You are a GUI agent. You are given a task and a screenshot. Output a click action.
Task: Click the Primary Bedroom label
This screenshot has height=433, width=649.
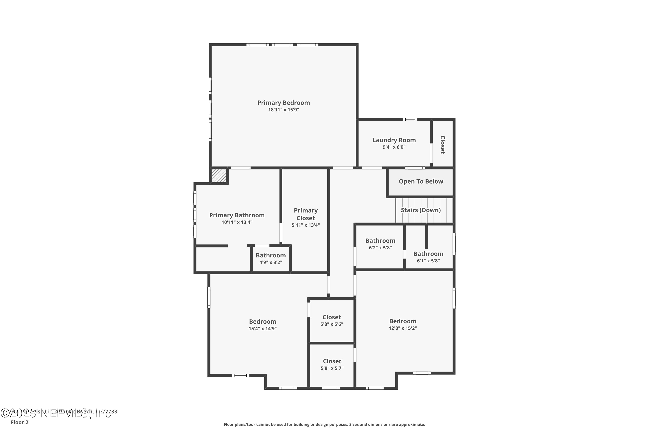point(283,103)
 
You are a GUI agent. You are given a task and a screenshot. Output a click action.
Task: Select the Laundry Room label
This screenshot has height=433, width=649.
point(394,140)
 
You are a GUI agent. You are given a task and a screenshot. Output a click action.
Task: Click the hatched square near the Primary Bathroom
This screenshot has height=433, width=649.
point(218,176)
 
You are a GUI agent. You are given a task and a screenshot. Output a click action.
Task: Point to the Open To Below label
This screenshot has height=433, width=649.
point(421,181)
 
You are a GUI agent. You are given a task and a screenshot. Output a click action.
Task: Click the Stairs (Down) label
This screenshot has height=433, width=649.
point(421,210)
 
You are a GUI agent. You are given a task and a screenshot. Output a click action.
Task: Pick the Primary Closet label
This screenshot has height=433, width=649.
point(305,214)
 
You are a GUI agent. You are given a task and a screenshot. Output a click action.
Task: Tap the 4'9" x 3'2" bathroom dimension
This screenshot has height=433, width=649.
point(270,262)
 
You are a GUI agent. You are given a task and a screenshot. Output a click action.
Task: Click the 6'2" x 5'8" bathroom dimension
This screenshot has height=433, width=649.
point(380,248)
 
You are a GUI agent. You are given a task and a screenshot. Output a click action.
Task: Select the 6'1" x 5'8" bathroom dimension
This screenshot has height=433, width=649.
point(428,261)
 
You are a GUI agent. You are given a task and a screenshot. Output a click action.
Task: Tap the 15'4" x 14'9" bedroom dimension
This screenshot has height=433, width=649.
point(262,329)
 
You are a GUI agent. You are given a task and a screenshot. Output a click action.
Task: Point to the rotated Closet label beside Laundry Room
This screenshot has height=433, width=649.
point(442,145)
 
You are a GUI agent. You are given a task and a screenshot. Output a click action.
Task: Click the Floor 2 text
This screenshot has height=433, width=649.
point(20,422)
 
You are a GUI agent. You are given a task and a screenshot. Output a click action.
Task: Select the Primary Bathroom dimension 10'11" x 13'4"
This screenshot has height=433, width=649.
point(237,222)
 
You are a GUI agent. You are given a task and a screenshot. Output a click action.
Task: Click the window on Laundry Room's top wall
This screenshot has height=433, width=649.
point(410,120)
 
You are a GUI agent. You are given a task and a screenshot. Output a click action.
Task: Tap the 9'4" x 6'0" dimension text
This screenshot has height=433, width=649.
point(394,147)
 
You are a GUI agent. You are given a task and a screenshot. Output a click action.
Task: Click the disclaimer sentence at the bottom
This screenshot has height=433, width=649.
point(324,424)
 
